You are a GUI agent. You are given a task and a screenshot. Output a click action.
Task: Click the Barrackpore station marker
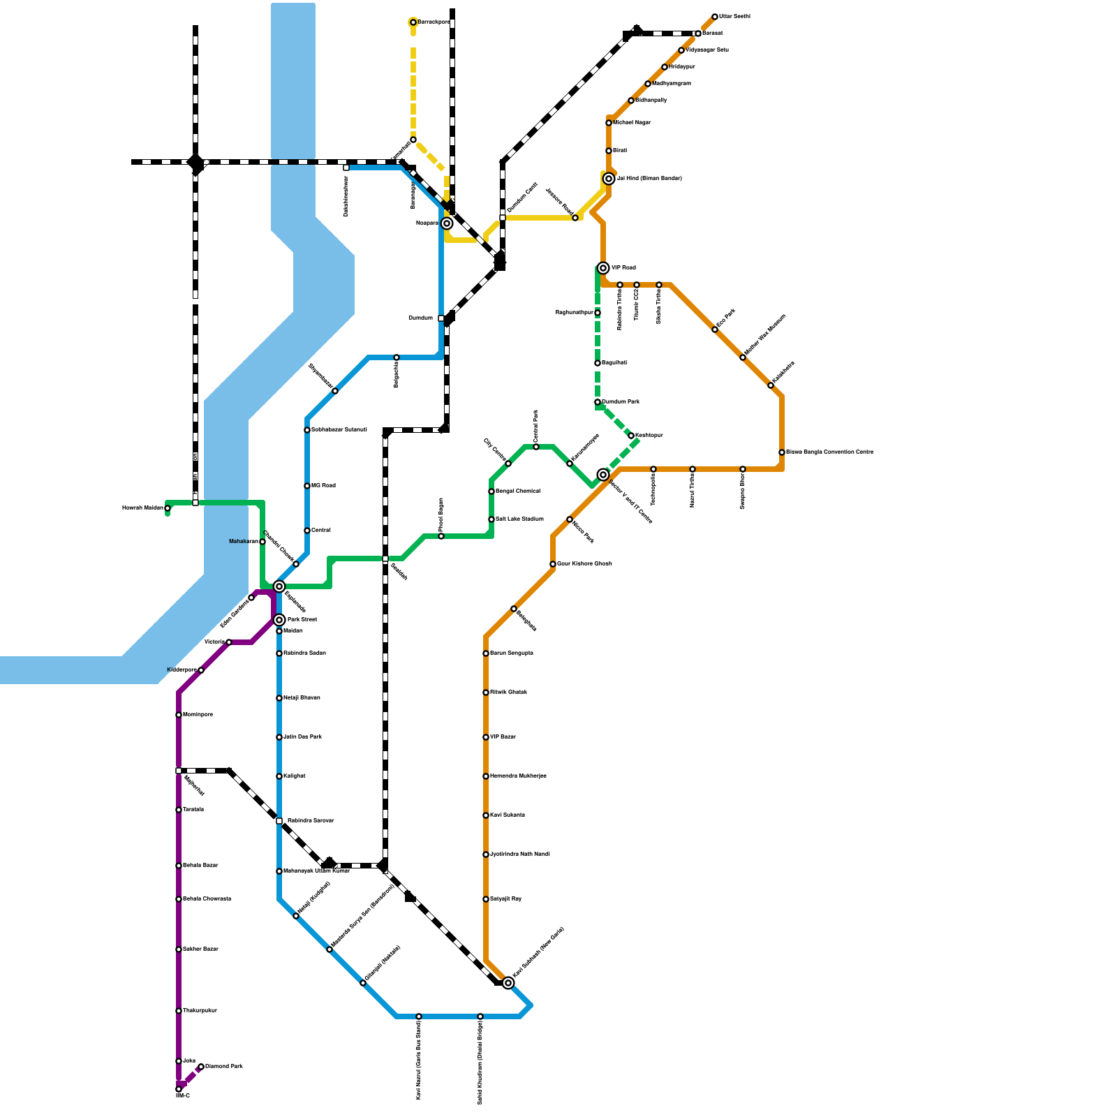pos(413,22)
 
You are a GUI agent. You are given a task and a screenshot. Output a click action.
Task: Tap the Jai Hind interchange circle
pos(609,179)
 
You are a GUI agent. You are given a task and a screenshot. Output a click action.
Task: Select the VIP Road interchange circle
pos(603,268)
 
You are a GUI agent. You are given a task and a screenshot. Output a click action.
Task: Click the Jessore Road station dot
pos(575,218)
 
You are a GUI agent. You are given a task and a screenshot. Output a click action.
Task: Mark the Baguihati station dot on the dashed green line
pos(598,363)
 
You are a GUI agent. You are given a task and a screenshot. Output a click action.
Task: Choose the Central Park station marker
pos(536,447)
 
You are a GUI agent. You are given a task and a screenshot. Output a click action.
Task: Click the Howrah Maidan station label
pos(142,508)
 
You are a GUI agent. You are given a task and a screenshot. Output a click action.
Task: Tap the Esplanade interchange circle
pos(279,586)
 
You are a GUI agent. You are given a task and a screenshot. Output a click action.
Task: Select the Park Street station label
pos(302,620)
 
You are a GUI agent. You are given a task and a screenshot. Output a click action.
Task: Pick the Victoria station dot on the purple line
pos(229,642)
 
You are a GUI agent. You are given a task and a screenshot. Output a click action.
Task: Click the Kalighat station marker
pos(279,776)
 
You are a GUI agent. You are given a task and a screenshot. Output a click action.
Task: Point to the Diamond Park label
pos(224,1067)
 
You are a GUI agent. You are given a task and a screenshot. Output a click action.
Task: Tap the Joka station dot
pos(179,1061)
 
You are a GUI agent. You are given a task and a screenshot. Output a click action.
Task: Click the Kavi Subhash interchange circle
pos(508,983)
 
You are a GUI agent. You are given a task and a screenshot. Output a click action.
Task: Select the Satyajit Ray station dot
pos(486,899)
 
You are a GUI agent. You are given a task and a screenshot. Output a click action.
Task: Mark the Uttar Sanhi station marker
pos(715,17)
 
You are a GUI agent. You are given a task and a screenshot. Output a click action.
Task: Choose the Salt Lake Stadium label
pos(519,519)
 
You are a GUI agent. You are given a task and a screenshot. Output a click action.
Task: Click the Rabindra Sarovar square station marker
pos(279,821)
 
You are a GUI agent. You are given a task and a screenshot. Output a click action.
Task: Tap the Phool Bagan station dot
pos(441,536)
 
